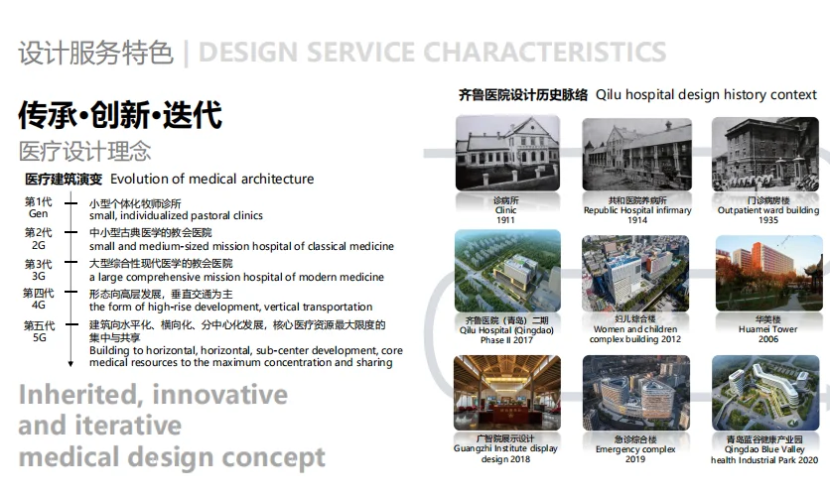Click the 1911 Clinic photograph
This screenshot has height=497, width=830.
coord(507,153)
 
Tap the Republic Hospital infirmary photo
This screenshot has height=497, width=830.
coord(636,155)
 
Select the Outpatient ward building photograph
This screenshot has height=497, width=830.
coord(765,155)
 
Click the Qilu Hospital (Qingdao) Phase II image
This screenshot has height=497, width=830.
coord(507,271)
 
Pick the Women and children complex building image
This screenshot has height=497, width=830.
coord(635,274)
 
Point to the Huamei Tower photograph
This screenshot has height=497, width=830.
coord(769,274)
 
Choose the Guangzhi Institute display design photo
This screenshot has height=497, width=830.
coord(507,393)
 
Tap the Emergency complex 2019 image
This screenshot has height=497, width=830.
coord(636,393)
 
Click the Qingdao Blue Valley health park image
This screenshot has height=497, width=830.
coord(765,393)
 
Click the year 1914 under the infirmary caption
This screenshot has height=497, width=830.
coord(637,220)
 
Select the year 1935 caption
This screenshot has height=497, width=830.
coord(768,220)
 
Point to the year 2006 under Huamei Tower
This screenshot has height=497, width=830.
coord(768,339)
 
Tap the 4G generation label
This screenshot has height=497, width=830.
coord(38,306)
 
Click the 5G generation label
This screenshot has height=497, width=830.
coord(39,337)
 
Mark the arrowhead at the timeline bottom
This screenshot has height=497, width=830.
coord(70,364)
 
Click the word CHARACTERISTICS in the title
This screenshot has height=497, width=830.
coord(545,53)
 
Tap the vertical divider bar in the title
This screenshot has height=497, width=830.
coord(186,54)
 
